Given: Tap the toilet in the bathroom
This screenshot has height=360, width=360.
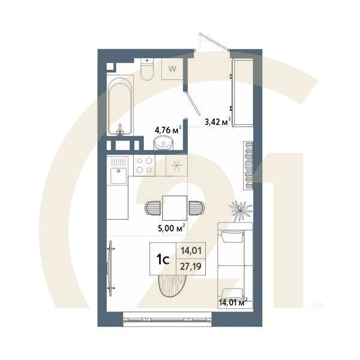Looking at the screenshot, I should (x=148, y=69).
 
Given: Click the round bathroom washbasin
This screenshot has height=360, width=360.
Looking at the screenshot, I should (x=163, y=143).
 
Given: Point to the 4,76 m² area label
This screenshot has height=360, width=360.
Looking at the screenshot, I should (x=168, y=129).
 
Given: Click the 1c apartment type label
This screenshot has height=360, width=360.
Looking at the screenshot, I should (x=162, y=259).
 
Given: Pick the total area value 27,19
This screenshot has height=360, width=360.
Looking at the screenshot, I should (x=191, y=266).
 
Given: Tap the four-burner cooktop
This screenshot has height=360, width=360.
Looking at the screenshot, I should (x=144, y=165).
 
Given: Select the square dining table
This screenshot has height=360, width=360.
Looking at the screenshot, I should (x=174, y=208).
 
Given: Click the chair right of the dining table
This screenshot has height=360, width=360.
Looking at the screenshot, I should (x=195, y=208).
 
